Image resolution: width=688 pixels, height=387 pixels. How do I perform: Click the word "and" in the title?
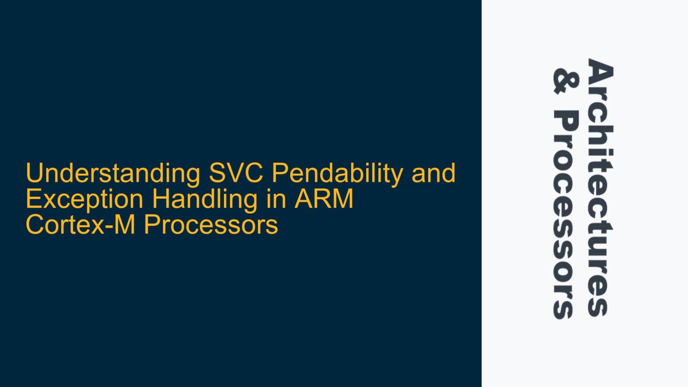[433, 173]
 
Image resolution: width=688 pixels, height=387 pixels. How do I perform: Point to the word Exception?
[85, 199]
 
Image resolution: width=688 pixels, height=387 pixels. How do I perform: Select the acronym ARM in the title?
[324, 199]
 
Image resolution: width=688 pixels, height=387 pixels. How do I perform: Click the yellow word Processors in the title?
[211, 224]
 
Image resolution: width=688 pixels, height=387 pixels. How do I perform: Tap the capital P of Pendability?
[279, 173]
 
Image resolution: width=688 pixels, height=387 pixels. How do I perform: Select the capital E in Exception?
[33, 199]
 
